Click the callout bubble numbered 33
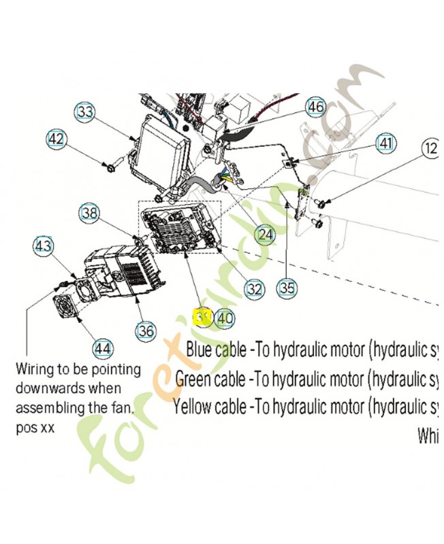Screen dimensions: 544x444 click(86, 112)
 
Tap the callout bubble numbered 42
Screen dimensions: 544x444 click(57, 140)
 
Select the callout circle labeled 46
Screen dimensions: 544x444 click(315, 107)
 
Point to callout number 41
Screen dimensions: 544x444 click(386, 143)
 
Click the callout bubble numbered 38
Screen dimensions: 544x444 click(90, 214)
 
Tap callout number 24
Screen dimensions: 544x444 click(265, 235)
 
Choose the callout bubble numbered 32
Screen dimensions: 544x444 click(253, 289)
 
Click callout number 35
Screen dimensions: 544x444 click(287, 288)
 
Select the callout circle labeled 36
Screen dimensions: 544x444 click(146, 331)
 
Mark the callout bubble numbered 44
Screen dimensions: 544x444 click(102, 349)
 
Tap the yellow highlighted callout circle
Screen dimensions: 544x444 click(202, 318)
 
